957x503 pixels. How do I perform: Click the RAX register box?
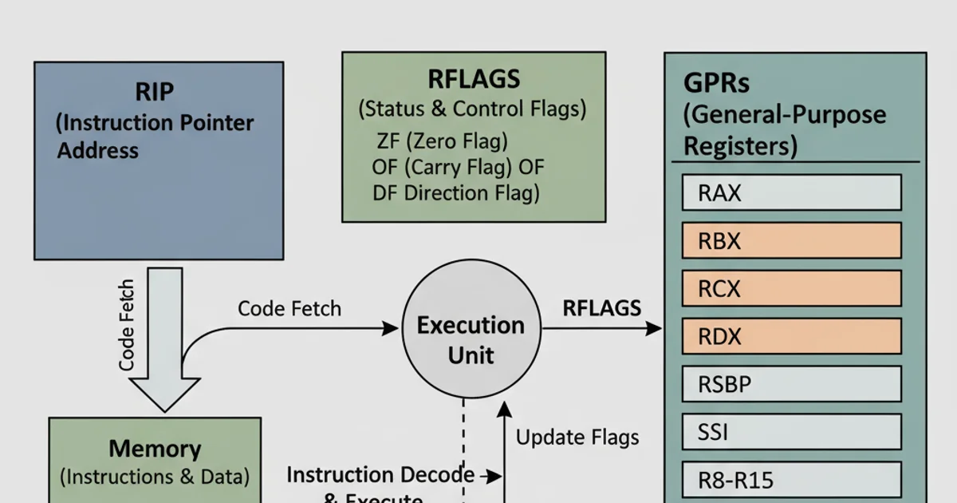tap(791, 192)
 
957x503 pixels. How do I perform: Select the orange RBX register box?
tap(791, 240)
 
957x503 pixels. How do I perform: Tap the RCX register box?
tap(791, 288)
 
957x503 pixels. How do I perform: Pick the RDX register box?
tap(791, 336)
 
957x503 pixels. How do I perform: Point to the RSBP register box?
tap(791, 384)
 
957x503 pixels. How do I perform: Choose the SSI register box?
tap(791, 432)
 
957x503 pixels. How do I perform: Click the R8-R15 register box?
tap(791, 480)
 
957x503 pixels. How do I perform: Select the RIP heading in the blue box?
tap(154, 92)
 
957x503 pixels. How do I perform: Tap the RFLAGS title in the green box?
tap(474, 79)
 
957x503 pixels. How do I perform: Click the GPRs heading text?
tap(716, 84)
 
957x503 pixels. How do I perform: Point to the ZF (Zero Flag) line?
tap(441, 141)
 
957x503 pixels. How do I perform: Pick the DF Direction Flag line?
tap(455, 192)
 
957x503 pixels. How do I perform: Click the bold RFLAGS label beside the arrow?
tap(601, 308)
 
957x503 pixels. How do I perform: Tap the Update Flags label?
tap(577, 437)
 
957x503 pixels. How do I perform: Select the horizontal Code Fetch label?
tap(289, 308)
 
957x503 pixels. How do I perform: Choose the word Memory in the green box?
tap(155, 448)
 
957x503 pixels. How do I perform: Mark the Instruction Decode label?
tap(380, 475)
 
